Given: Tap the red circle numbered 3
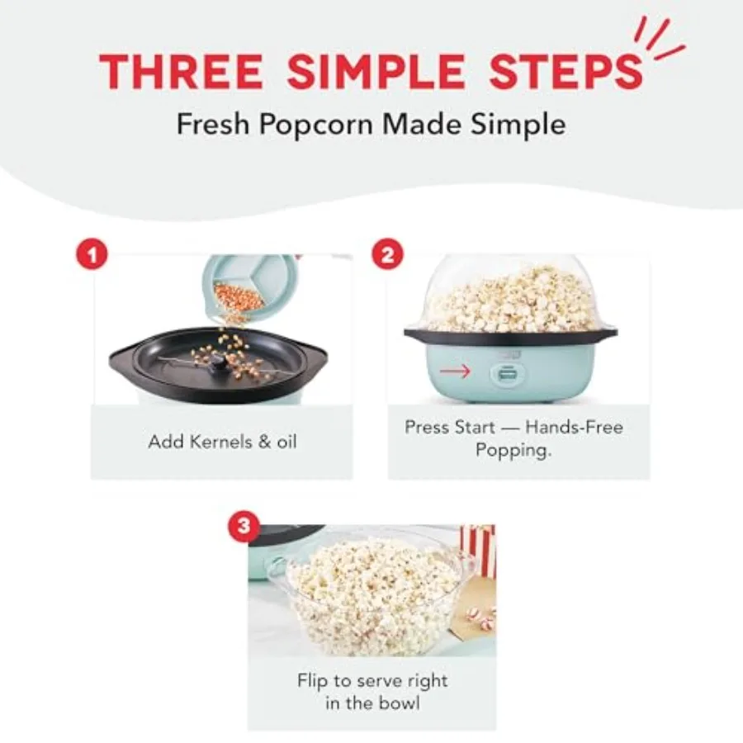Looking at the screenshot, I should [242, 526].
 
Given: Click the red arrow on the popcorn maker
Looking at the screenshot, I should [456, 371].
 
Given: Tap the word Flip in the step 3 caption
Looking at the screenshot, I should [315, 681].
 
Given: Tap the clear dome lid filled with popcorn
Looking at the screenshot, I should [511, 293].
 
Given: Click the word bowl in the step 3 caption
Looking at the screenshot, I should [400, 703].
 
